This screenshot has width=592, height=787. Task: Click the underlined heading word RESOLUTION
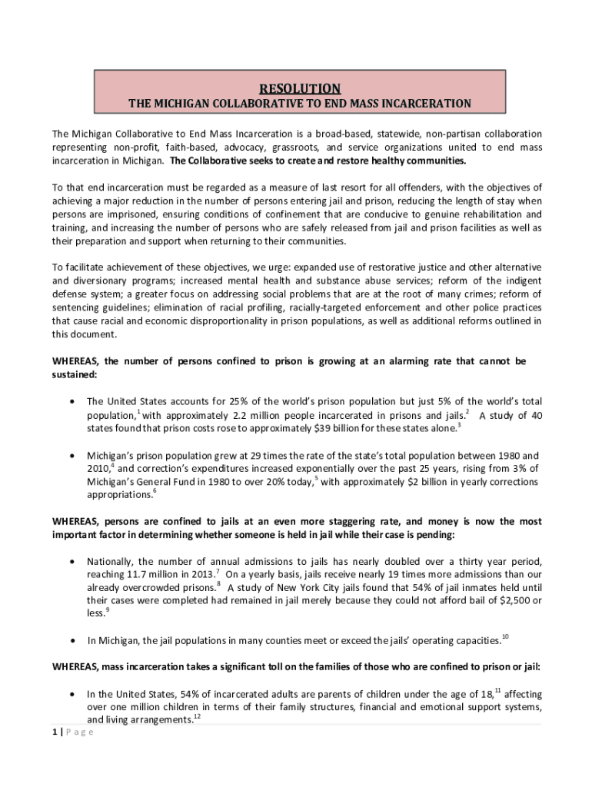coord(299,88)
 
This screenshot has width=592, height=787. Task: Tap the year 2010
coord(98,468)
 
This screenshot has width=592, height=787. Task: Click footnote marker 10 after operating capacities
coord(505,636)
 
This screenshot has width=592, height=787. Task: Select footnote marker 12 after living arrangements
coord(197,716)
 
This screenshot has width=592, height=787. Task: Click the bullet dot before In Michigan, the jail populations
coord(72,641)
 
